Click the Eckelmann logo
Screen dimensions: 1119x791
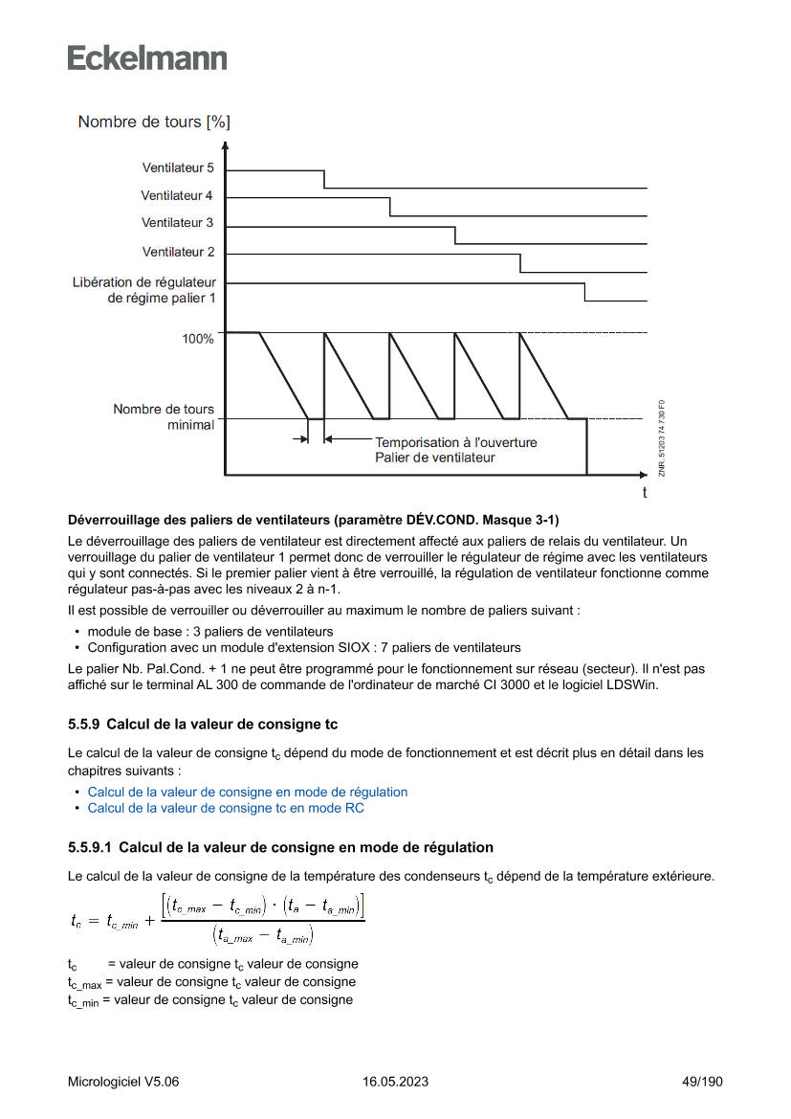(147, 57)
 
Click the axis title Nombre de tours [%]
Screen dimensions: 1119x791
(154, 122)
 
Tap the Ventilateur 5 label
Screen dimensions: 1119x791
(178, 168)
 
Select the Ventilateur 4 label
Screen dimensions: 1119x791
(177, 195)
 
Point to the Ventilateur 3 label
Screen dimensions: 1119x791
(177, 223)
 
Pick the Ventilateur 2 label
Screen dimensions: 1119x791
(178, 252)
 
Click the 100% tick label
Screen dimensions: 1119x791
(198, 339)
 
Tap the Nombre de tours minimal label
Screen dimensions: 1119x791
(164, 416)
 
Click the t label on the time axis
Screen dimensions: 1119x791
(645, 493)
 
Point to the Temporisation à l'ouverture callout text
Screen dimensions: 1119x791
(455, 443)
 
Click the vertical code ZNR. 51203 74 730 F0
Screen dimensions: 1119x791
(662, 437)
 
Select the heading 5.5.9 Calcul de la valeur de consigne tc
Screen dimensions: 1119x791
(203, 724)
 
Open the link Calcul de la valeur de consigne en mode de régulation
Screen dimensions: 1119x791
(248, 792)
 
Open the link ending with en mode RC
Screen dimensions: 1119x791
(226, 808)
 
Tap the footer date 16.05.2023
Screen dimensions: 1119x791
(395, 1082)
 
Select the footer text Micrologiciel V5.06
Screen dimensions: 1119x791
(123, 1082)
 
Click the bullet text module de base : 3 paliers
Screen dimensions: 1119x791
(210, 632)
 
